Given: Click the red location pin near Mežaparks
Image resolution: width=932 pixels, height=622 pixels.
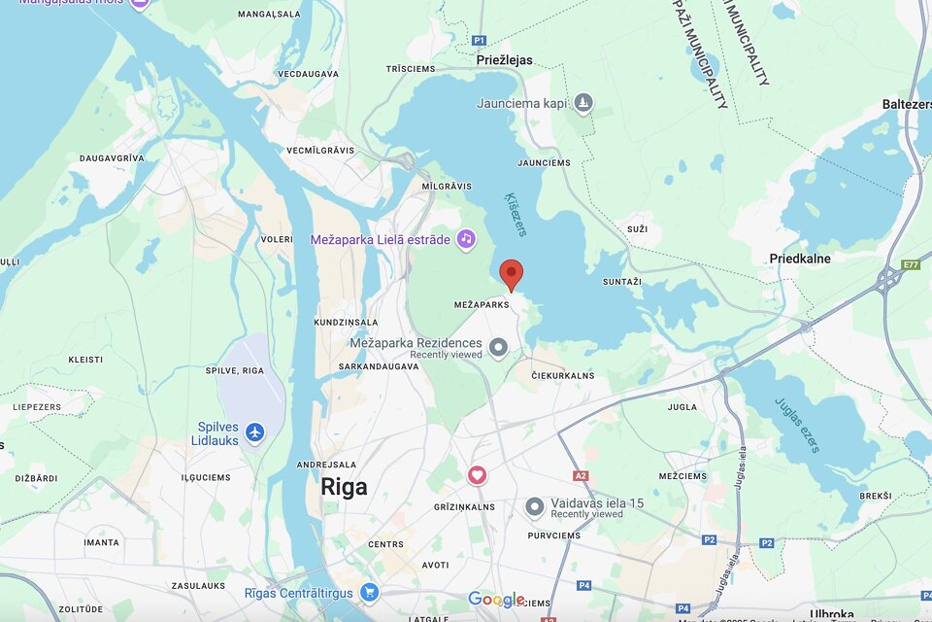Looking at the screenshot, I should click(512, 274).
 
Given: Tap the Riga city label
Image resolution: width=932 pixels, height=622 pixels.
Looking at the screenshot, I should click(344, 487).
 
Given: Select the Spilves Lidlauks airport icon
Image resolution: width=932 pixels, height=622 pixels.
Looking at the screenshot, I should click(255, 432).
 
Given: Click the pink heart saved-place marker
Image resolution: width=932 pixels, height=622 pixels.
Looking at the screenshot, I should click(477, 474).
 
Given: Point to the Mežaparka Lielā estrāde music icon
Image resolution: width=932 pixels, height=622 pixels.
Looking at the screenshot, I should click(466, 238).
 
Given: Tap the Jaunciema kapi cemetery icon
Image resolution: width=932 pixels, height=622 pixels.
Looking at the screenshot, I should click(582, 102).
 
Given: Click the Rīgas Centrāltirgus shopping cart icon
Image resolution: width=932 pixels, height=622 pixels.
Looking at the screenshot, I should click(369, 592).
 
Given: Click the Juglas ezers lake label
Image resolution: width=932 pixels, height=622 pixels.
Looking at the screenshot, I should click(797, 426).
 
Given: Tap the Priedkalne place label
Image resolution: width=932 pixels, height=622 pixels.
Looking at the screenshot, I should click(799, 259).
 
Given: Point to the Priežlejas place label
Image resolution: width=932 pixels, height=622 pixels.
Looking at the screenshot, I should click(505, 60).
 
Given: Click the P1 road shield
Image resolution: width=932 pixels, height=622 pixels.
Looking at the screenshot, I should click(479, 40).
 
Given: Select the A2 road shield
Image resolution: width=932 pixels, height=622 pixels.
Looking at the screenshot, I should click(581, 476).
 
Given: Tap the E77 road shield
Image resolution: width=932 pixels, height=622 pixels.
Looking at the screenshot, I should click(911, 264).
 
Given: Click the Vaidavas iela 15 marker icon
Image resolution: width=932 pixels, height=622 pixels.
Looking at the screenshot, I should click(534, 506).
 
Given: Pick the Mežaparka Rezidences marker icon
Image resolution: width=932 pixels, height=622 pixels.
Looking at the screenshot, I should click(498, 347).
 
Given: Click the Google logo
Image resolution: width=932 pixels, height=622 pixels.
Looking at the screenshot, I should click(496, 599).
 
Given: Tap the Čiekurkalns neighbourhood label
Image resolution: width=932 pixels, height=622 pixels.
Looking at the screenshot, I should click(562, 375).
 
